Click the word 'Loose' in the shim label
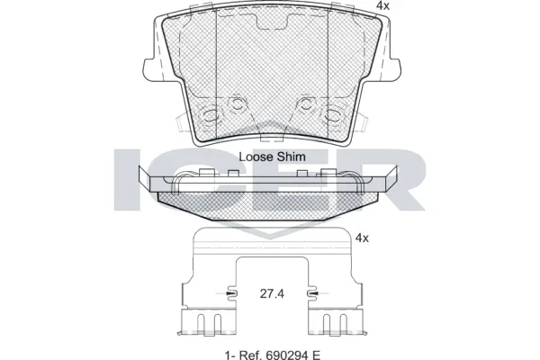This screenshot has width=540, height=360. pyautogui.click(x=256, y=157)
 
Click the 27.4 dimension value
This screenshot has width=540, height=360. pyautogui.click(x=272, y=294)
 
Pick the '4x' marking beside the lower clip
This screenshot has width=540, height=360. pyautogui.click(x=363, y=238)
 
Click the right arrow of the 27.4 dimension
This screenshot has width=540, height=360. pyautogui.click(x=312, y=294)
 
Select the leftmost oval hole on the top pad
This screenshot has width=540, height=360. pyautogui.click(x=212, y=116)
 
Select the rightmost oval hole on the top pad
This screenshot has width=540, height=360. pyautogui.click(x=330, y=116)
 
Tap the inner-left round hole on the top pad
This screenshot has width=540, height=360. pyautogui.click(x=238, y=103)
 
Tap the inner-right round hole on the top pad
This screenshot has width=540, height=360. pyautogui.click(x=305, y=103)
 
